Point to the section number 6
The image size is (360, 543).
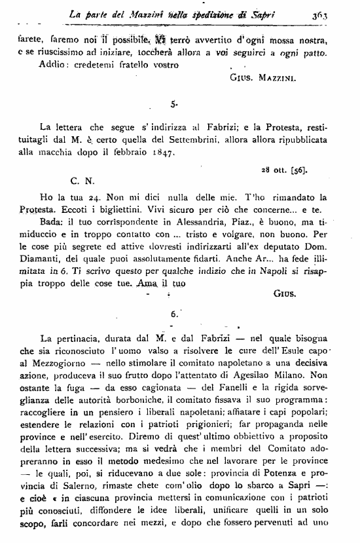(x=174, y=314)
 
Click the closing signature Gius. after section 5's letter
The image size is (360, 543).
(x=283, y=295)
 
